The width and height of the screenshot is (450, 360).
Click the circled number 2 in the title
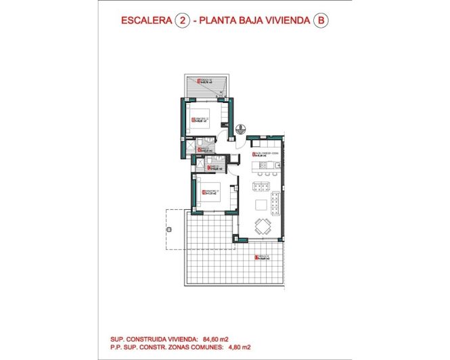coord(181,21)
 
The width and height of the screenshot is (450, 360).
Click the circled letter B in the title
coord(321,21)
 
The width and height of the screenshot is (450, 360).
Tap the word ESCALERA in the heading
coord(144,21)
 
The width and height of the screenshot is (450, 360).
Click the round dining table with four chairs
coord(262,226)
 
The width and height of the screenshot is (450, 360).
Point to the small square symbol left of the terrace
coord(166,230)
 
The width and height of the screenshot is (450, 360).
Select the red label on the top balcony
coord(204,81)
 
